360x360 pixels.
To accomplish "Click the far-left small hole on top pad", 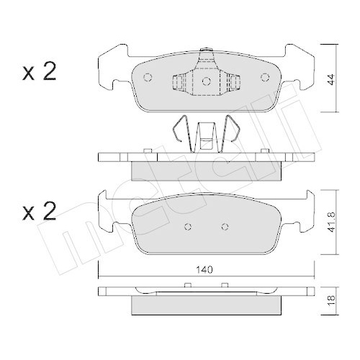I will pos(148,78).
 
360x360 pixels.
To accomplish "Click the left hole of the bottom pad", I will pos(186,227).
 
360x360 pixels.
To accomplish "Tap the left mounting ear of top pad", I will pos(112,68).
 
